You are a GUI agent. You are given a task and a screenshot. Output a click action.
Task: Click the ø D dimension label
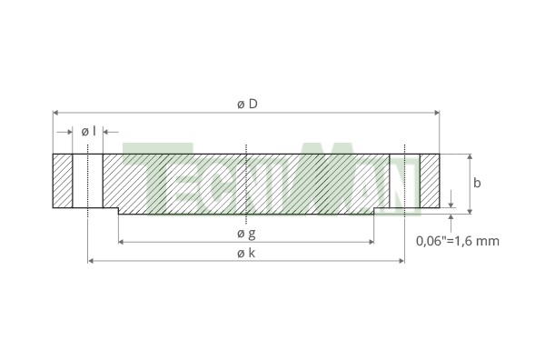pos(247,104)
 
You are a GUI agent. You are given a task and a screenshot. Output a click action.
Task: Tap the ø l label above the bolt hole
pos(88,132)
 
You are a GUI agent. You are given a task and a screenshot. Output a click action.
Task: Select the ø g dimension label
pos(246,234)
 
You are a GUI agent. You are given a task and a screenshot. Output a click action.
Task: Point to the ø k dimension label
pos(246,253)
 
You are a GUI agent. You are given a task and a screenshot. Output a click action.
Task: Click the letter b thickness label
pos(477,183)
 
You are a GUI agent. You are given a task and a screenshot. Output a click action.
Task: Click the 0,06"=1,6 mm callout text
pos(458,241)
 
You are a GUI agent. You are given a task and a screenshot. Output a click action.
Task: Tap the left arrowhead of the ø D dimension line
pos(55,113)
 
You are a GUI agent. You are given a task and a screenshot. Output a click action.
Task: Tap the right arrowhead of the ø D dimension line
pos(437,113)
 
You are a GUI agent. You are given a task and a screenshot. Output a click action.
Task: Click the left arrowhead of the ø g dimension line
pos(121,242)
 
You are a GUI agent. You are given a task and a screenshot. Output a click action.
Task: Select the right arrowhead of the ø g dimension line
pos(372,242)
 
